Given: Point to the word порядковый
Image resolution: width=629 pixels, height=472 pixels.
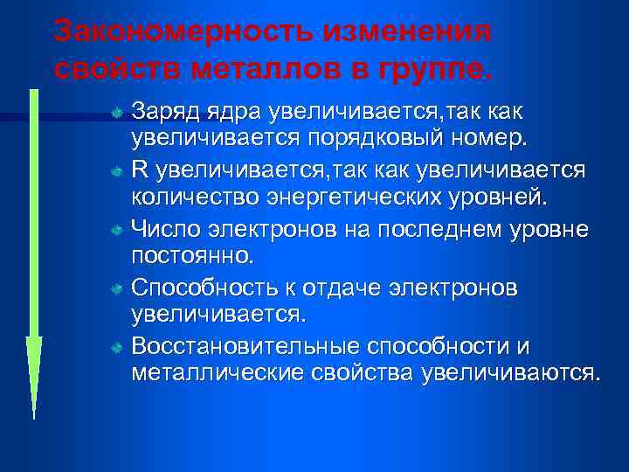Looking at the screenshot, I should [x=368, y=137].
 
